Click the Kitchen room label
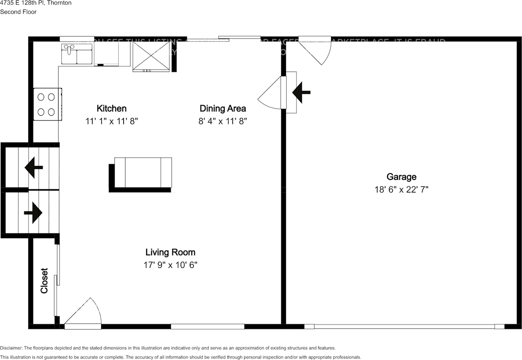[x=111, y=108]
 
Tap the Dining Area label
[x=223, y=108]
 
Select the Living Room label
[x=170, y=252]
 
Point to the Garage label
[x=401, y=177]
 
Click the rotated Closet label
[x=44, y=281]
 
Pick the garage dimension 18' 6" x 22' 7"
[x=401, y=189]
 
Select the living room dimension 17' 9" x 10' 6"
[x=170, y=265]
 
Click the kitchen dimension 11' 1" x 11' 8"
[x=112, y=121]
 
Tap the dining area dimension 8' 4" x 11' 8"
[x=223, y=121]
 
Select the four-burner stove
[x=46, y=104]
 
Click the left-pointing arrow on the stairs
[x=34, y=167]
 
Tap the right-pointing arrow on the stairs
[x=33, y=213]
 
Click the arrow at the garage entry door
[x=301, y=92]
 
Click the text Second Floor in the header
[x=18, y=12]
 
